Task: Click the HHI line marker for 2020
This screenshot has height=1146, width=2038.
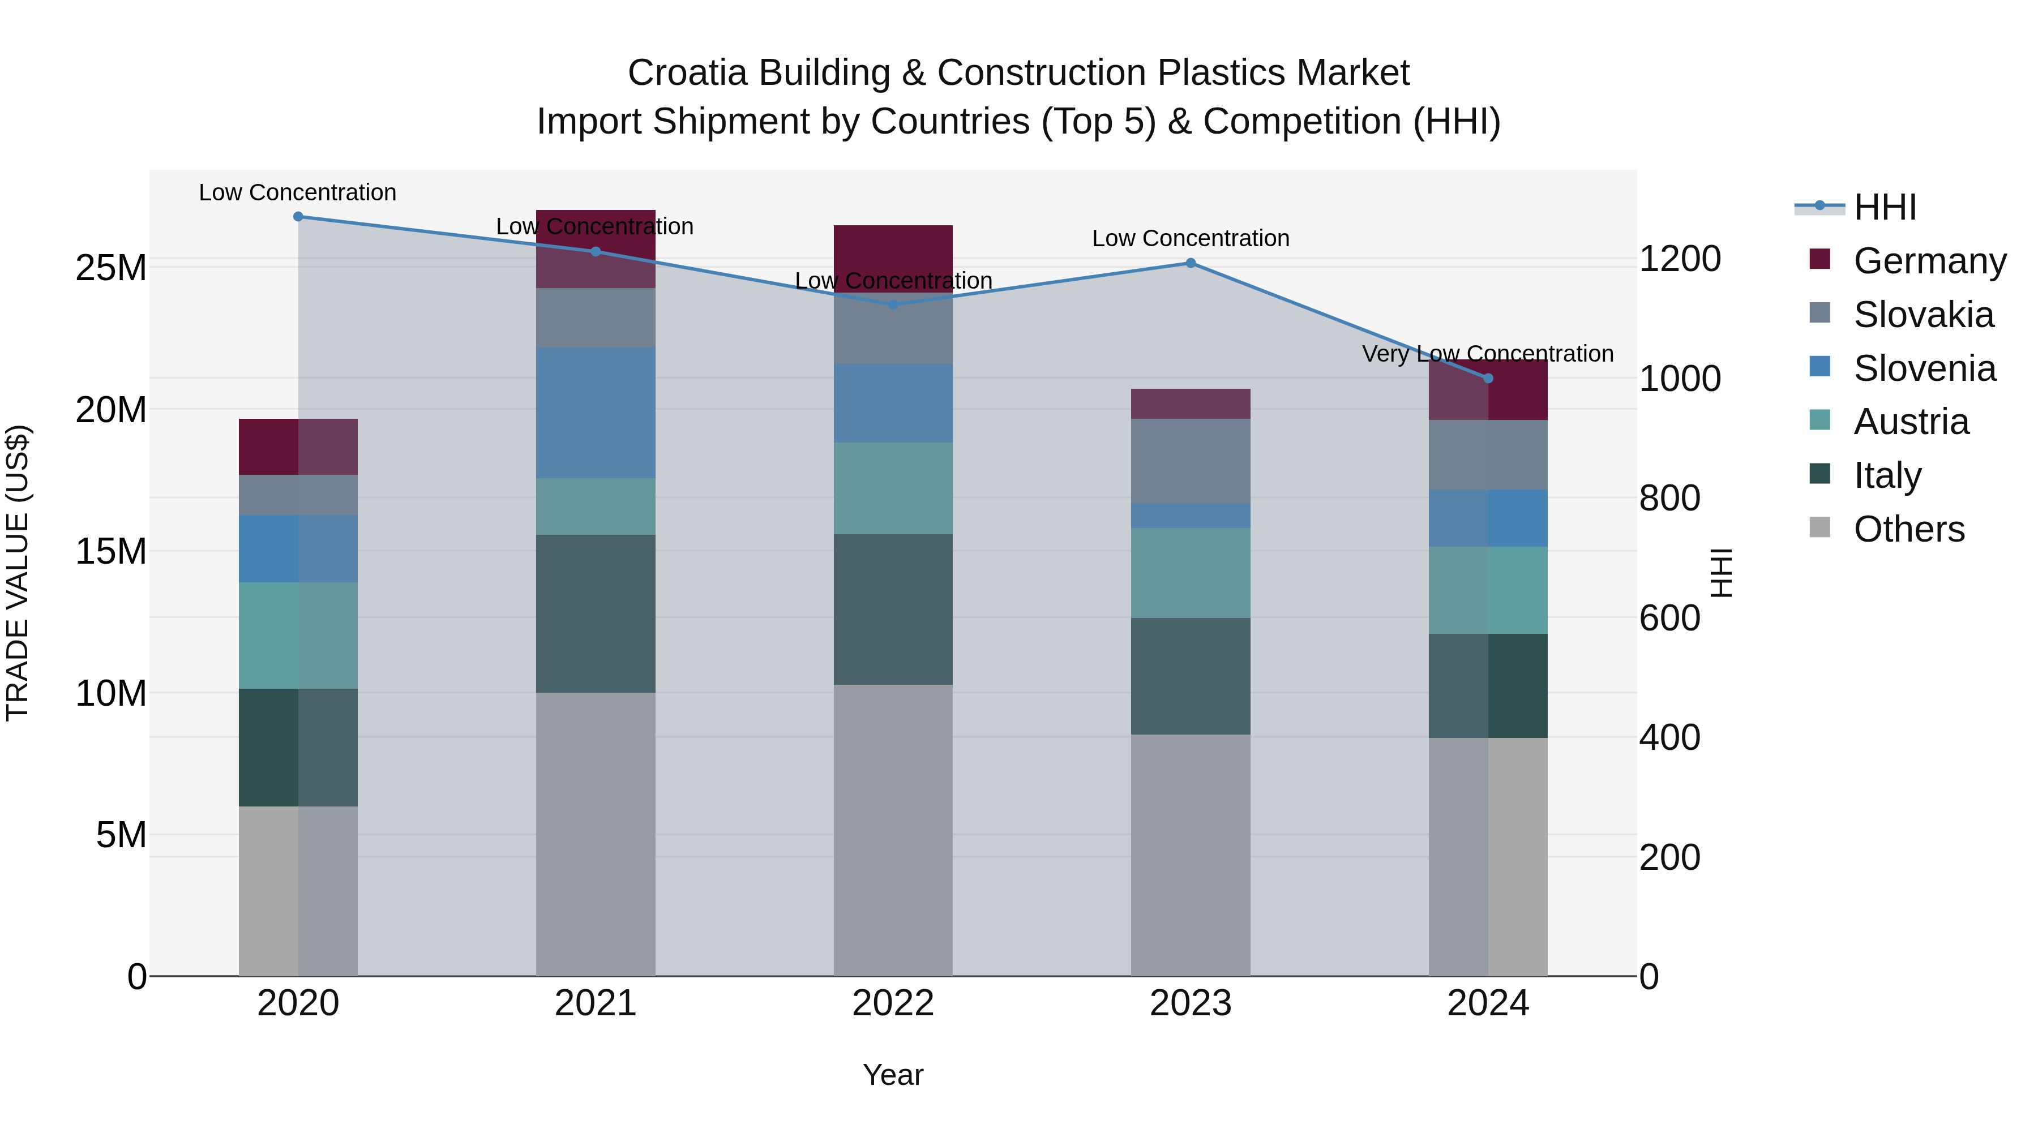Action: [298, 217]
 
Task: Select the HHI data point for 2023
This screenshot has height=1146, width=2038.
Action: [1191, 263]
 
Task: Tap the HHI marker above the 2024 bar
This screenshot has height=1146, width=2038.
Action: [1488, 379]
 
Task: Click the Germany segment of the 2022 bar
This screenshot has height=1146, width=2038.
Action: [893, 259]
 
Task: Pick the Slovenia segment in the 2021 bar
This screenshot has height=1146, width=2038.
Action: [596, 413]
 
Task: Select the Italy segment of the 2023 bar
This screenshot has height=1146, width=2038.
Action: [1191, 676]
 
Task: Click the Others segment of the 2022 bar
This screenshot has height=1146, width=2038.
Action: [893, 830]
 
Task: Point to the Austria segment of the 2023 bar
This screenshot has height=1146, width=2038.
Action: [1191, 573]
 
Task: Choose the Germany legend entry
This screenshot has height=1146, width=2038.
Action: [1929, 261]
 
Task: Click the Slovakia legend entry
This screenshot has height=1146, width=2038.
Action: [1923, 315]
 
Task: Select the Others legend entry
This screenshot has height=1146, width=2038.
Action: [1908, 529]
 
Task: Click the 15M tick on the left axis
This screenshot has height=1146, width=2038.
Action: [111, 551]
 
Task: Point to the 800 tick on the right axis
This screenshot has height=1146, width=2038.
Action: [1669, 498]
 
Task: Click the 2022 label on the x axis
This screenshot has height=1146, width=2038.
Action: [893, 1003]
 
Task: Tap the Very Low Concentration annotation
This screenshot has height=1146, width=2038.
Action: [1487, 354]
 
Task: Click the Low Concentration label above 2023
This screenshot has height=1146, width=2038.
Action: [1191, 238]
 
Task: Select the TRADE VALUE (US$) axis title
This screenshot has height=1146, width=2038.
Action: [18, 573]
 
